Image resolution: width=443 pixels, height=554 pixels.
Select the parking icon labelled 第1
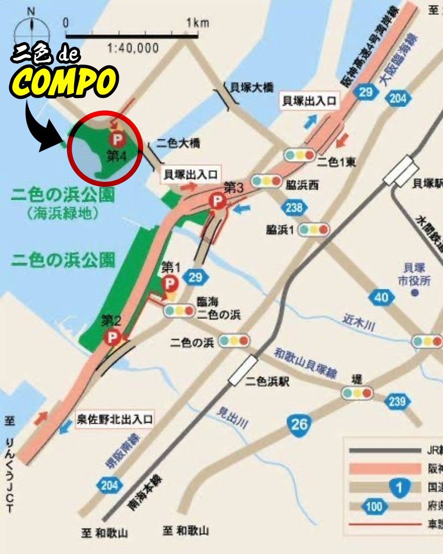[x=170, y=282]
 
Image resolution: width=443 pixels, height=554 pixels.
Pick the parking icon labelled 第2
[x=112, y=337]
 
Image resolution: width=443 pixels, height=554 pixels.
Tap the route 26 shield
[x=299, y=423]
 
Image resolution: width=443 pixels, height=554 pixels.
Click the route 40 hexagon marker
[x=381, y=298]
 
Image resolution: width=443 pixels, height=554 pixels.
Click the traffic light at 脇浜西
[x=266, y=181]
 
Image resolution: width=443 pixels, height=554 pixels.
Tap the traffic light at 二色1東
[x=300, y=155]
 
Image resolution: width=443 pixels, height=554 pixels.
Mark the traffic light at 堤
[x=357, y=393]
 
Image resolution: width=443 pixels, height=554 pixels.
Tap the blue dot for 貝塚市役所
[x=415, y=293]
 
